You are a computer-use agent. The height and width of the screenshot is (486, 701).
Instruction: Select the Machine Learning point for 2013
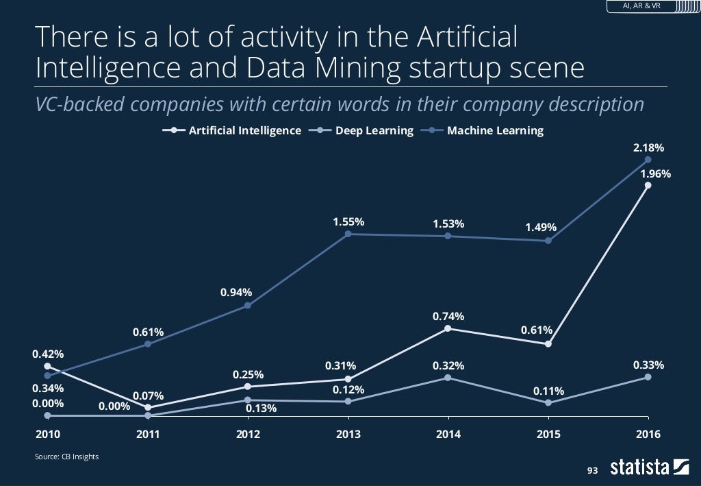pyautogui.click(x=348, y=234)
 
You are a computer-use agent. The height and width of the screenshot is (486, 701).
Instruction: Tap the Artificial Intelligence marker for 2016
pyautogui.click(x=648, y=184)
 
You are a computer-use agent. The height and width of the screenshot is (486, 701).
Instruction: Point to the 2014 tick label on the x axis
pyautogui.click(x=448, y=434)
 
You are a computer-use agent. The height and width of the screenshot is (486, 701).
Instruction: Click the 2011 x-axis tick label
pyautogui.click(x=148, y=434)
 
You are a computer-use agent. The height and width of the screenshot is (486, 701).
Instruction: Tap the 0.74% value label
pyautogui.click(x=448, y=316)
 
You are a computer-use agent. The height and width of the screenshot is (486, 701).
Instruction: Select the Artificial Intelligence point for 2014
pyautogui.click(x=448, y=328)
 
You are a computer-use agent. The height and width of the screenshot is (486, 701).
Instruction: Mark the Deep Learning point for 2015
pyautogui.click(x=548, y=402)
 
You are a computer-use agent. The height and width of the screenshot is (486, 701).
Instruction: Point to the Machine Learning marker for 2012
pyautogui.click(x=248, y=305)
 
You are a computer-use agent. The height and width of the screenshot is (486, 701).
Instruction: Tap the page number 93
pyautogui.click(x=592, y=470)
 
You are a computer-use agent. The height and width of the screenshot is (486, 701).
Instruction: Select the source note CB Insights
pyautogui.click(x=66, y=457)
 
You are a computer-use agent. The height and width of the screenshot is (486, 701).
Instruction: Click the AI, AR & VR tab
pyautogui.click(x=641, y=6)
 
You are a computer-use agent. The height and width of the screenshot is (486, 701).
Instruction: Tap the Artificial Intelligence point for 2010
pyautogui.click(x=47, y=367)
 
